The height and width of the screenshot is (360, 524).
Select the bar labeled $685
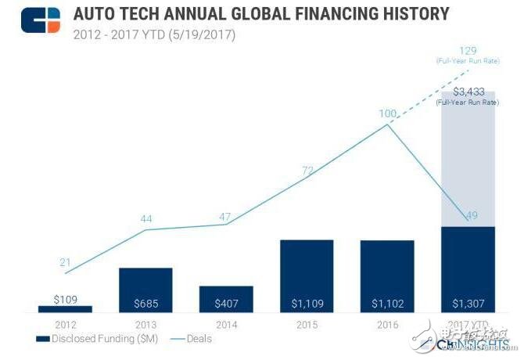click(145, 290)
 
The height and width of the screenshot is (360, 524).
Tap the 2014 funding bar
click(226, 299)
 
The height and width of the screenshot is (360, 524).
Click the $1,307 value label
click(468, 302)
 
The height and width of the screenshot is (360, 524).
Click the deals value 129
click(468, 49)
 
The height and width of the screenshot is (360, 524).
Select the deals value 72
click(307, 170)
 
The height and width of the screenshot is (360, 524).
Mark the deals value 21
click(66, 261)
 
